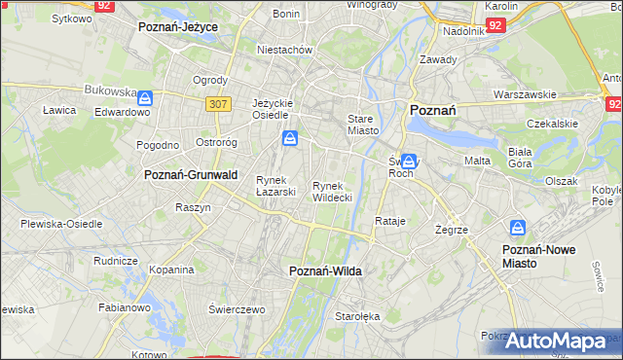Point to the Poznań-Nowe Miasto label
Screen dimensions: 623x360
pyautogui.click(x=538, y=256)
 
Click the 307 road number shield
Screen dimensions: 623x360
pyautogui.click(x=217, y=102)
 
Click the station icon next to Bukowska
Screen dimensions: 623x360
pyautogui.click(x=145, y=98)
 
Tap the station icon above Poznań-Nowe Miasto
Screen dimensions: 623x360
pyautogui.click(x=519, y=229)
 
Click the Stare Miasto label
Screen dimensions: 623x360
pyautogui.click(x=362, y=124)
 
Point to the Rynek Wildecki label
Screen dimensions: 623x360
pyautogui.click(x=332, y=192)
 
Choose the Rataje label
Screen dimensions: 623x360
pyautogui.click(x=389, y=222)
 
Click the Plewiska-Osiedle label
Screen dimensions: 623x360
pyautogui.click(x=61, y=224)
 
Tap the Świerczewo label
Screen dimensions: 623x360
pyautogui.click(x=237, y=308)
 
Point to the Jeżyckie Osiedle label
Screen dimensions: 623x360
pyautogui.click(x=273, y=108)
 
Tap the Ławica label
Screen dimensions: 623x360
pyautogui.click(x=59, y=110)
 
